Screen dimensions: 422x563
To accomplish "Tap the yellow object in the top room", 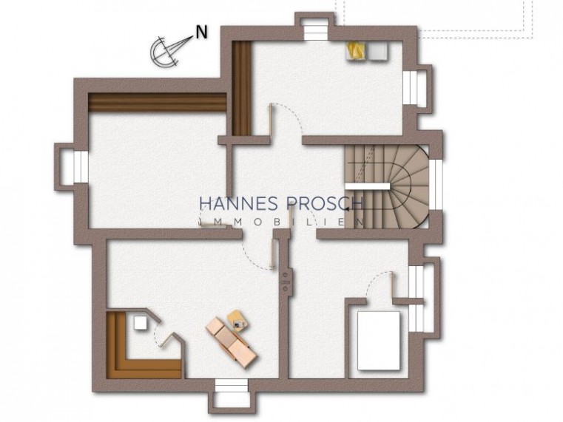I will pos(357,50).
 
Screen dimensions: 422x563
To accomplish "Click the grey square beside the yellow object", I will pos(378,50).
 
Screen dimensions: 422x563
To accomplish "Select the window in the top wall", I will pos(311,30).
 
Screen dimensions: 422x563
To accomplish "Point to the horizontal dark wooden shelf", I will pos(157,103).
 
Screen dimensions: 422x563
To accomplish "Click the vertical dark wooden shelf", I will pos(240,88).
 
